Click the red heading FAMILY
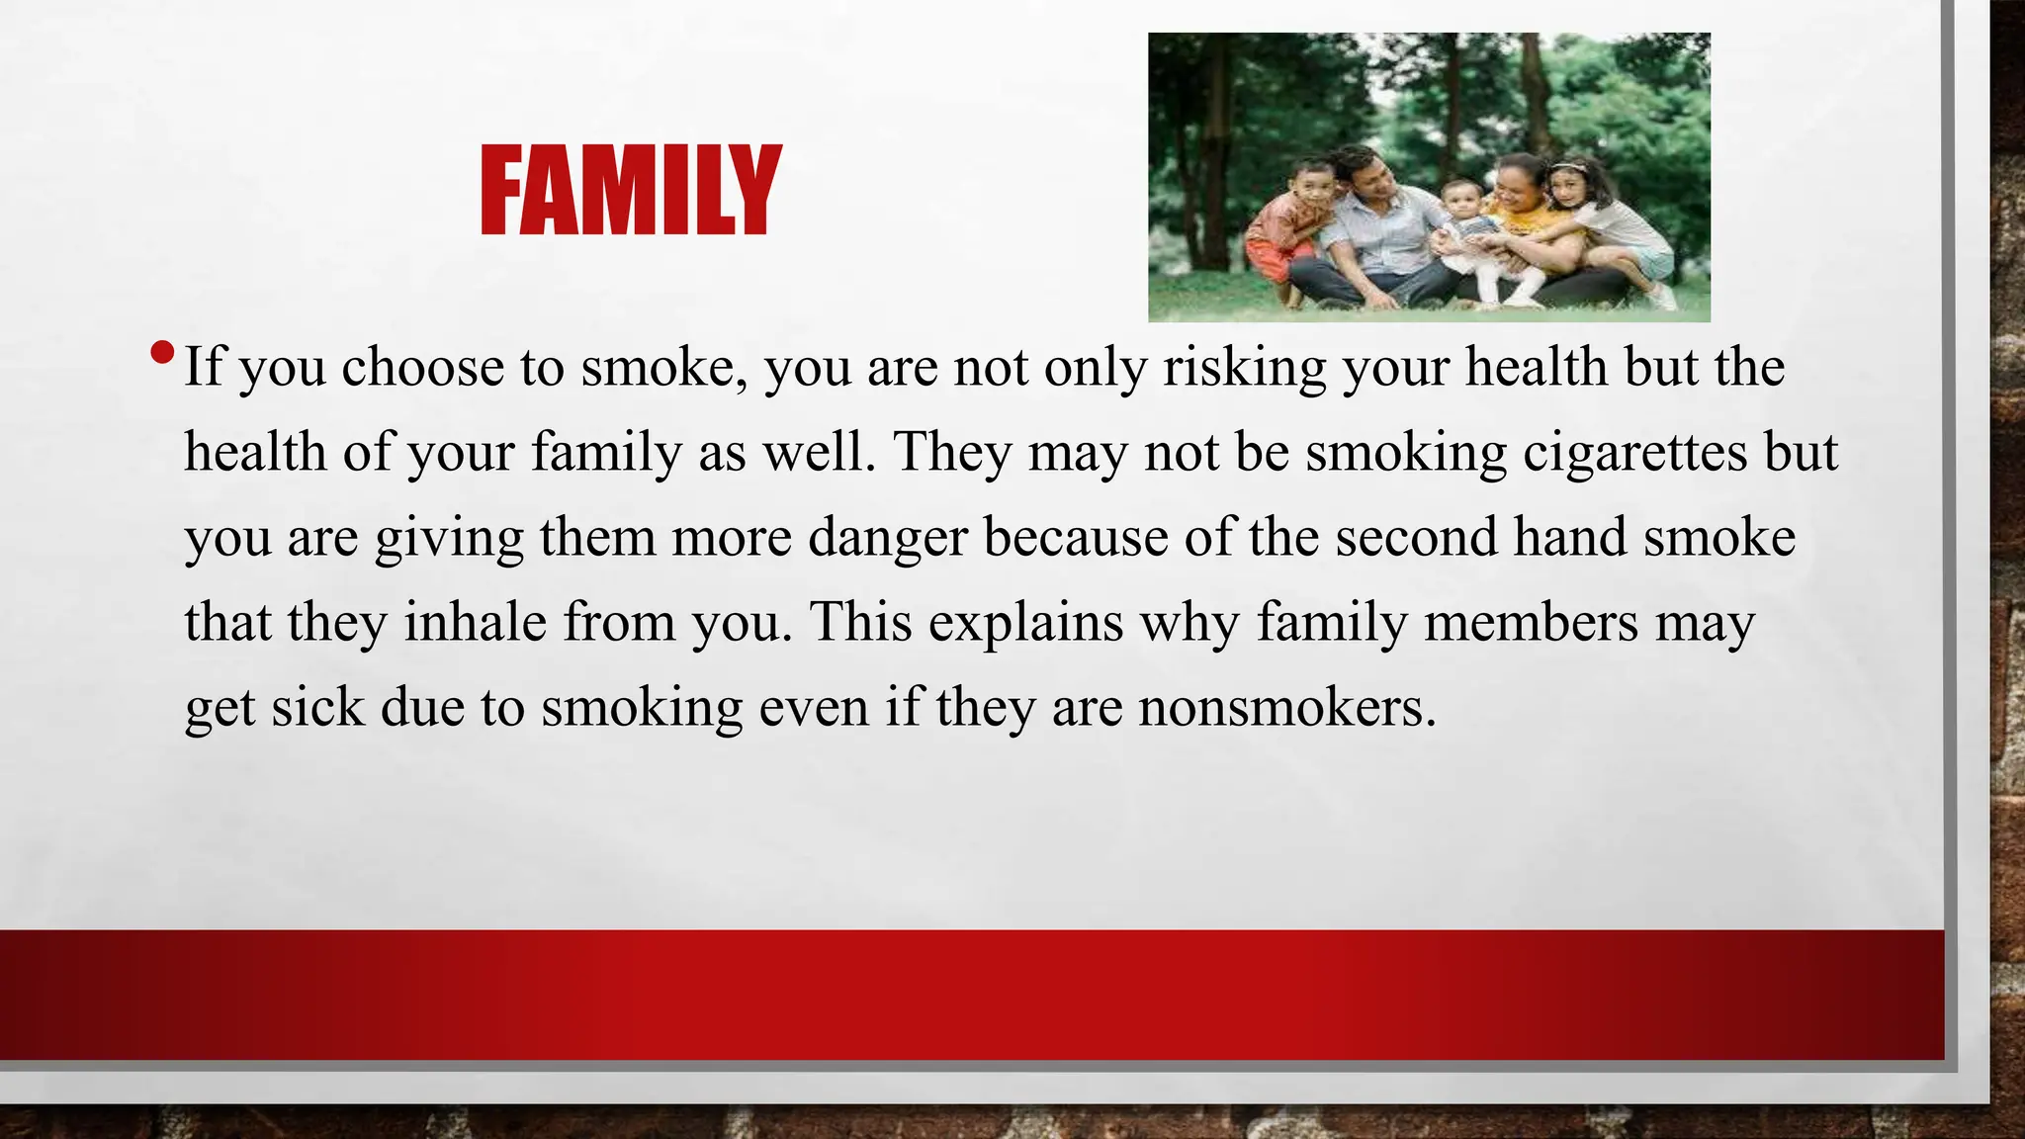click(x=631, y=190)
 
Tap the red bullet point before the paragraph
click(x=163, y=352)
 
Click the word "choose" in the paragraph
click(x=423, y=368)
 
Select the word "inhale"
click(x=475, y=623)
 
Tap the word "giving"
click(x=449, y=540)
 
